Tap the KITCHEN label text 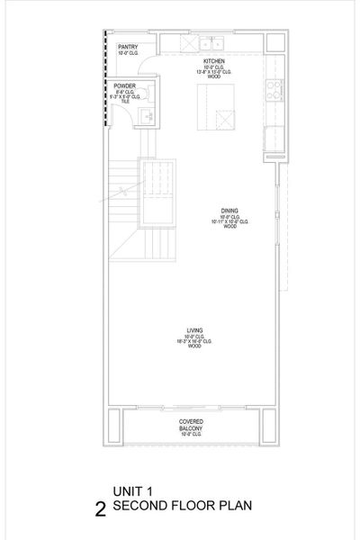pos(213,61)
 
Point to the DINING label pos(229,211)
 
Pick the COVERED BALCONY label pos(191,422)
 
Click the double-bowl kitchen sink pos(212,42)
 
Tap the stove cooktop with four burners pos(274,88)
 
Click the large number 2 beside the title pos(100,509)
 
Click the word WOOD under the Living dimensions pos(194,346)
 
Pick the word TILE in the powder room pos(125,101)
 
